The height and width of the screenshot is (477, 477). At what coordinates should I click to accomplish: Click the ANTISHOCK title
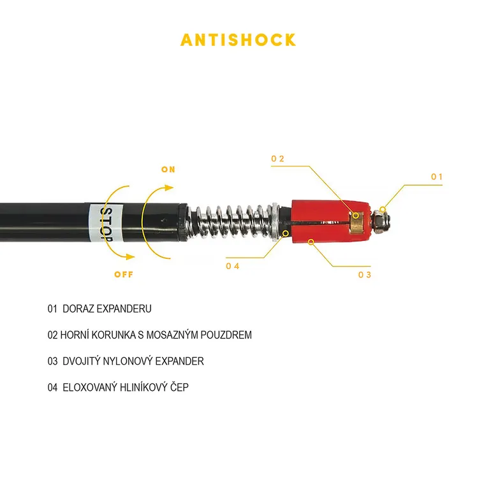pyautogui.click(x=238, y=40)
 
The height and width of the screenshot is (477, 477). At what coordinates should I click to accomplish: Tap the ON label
pyautogui.click(x=168, y=170)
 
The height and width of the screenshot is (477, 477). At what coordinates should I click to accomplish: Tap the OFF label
pyautogui.click(x=124, y=274)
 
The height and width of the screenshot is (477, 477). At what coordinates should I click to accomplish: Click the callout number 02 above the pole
pyautogui.click(x=277, y=159)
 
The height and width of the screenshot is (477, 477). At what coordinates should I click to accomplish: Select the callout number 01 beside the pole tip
pyautogui.click(x=437, y=177)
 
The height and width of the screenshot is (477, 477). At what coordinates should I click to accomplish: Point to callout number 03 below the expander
pyautogui.click(x=364, y=275)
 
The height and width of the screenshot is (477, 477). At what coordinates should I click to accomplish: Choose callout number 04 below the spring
pyautogui.click(x=232, y=266)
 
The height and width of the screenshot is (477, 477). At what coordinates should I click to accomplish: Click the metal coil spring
pyautogui.click(x=233, y=221)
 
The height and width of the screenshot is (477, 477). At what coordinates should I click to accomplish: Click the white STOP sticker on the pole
pyautogui.click(x=106, y=223)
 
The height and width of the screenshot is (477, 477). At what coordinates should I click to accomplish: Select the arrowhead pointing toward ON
pyautogui.click(x=168, y=187)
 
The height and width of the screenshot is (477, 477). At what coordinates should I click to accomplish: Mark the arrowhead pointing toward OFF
pyautogui.click(x=130, y=257)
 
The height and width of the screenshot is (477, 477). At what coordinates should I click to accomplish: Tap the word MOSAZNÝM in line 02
pyautogui.click(x=172, y=335)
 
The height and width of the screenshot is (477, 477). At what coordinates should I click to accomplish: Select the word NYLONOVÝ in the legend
pyautogui.click(x=128, y=361)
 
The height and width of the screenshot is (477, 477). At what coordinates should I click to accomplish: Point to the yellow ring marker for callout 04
pyautogui.click(x=286, y=233)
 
